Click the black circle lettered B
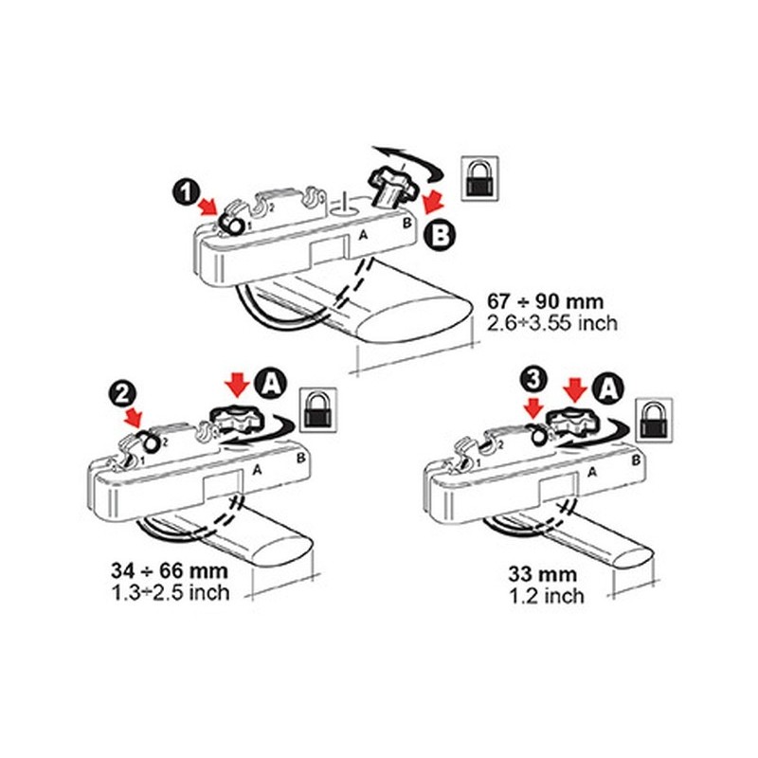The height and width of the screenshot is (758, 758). tap(440, 236)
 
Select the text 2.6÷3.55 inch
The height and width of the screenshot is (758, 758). tap(552, 323)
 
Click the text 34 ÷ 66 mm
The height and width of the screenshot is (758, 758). tap(165, 571)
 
